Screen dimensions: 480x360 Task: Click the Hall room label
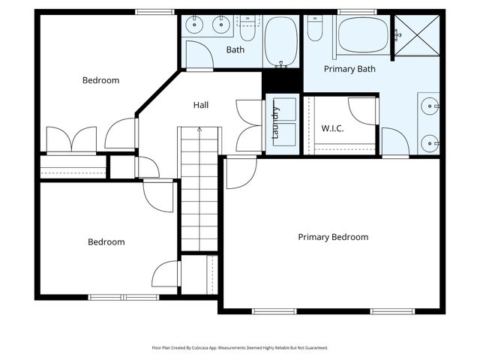(201, 105)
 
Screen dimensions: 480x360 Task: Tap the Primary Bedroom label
(333, 237)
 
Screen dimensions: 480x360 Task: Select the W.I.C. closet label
(332, 128)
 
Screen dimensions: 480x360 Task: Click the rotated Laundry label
(276, 122)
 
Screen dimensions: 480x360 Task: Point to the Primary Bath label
(349, 69)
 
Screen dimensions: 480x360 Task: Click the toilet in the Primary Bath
(315, 28)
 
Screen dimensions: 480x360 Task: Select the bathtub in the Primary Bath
(363, 34)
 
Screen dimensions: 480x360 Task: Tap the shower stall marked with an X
(417, 35)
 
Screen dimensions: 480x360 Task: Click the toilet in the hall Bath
(247, 28)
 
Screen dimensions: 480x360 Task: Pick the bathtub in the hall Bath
(281, 42)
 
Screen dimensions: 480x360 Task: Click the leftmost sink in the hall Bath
(194, 25)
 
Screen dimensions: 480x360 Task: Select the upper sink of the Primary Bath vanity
(430, 106)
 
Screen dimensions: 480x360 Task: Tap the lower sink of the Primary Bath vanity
(430, 143)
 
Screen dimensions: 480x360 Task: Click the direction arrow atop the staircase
(199, 129)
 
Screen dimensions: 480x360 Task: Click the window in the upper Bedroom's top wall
(154, 12)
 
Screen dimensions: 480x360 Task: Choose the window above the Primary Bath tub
(357, 12)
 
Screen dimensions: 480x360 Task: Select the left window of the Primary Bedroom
(274, 311)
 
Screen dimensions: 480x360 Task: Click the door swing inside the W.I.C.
(362, 111)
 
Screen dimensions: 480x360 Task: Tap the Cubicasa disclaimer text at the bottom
(240, 348)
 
